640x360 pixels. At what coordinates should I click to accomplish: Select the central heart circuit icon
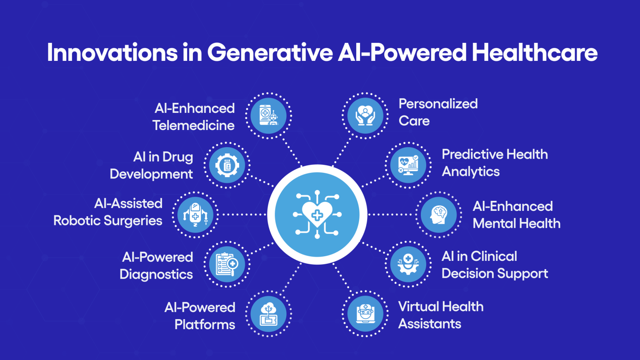(317, 215)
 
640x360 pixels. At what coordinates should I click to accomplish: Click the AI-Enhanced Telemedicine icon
(269, 116)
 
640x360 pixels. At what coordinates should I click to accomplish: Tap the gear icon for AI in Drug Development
(227, 165)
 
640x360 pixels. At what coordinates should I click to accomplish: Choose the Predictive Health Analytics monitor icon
(408, 165)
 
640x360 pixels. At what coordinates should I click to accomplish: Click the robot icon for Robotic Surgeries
(195, 215)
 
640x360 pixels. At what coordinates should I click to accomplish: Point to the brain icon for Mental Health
(439, 215)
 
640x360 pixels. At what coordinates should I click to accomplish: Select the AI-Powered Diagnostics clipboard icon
(227, 264)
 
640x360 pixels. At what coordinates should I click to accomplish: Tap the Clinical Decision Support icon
(408, 264)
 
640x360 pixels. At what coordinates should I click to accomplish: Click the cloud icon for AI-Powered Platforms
(269, 314)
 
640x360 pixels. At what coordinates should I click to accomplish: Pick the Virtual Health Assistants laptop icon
(365, 314)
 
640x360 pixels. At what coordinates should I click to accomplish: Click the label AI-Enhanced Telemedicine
(194, 117)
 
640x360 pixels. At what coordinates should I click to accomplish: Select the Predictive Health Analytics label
(495, 163)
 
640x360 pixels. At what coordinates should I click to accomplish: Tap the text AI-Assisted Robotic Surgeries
(108, 212)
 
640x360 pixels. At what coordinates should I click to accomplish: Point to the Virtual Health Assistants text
(440, 315)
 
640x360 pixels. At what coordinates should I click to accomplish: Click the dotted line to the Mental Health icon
(392, 215)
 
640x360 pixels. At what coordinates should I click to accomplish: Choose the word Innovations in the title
(112, 53)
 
